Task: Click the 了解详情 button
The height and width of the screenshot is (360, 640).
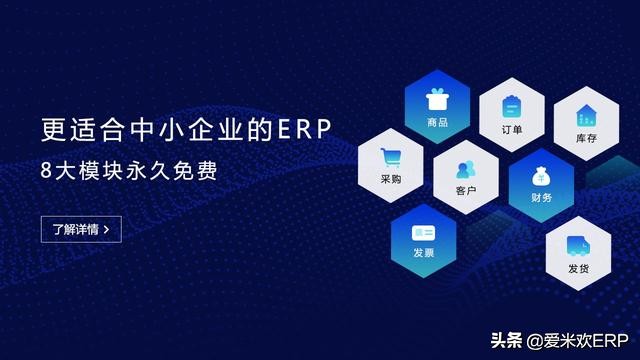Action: click(x=82, y=229)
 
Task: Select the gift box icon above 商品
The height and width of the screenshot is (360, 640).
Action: click(x=436, y=100)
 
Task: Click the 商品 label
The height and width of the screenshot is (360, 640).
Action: click(x=437, y=122)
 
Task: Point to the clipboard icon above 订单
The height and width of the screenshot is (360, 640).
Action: click(x=510, y=106)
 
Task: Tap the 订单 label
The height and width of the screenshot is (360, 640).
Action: click(x=510, y=129)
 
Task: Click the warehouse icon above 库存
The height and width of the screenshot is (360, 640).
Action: click(x=586, y=115)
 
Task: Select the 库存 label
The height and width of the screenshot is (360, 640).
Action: click(x=586, y=138)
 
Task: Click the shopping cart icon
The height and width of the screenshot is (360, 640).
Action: click(x=390, y=157)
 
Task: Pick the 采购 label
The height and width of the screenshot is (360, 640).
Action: click(x=390, y=179)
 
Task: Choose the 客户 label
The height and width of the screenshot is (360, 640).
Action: click(x=465, y=189)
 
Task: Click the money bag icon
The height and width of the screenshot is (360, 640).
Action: click(x=541, y=176)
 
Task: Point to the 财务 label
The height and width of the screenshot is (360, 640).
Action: click(x=541, y=198)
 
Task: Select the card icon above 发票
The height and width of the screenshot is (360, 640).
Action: click(x=423, y=232)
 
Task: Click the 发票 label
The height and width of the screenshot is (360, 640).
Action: click(x=423, y=254)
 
